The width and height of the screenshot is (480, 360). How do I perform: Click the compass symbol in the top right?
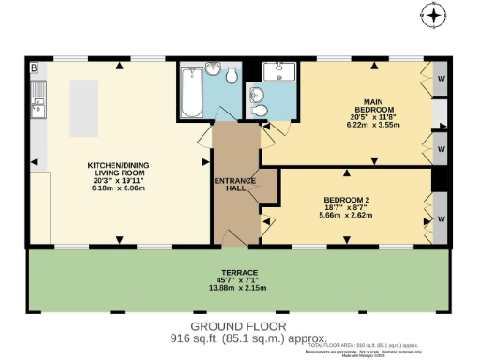pos(432,16)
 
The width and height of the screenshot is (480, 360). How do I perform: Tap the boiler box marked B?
pos(34,68)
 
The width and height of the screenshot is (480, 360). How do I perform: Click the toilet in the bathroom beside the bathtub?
pos(231,103)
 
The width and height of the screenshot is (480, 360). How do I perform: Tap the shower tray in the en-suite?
pos(277,72)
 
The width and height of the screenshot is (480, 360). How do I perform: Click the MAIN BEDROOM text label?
pos(372,103)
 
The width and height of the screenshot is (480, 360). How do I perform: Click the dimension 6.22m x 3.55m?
pos(374,124)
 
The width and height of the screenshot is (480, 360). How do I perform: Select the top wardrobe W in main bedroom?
pos(441,79)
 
